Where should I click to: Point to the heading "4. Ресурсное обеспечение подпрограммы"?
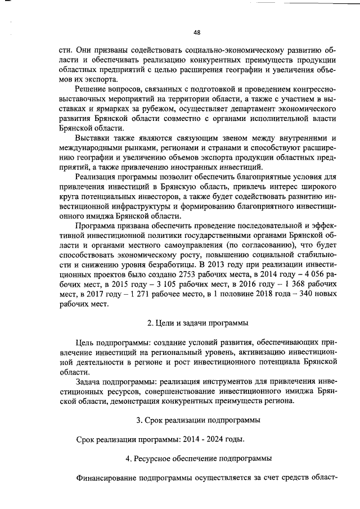click(x=199, y=458)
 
